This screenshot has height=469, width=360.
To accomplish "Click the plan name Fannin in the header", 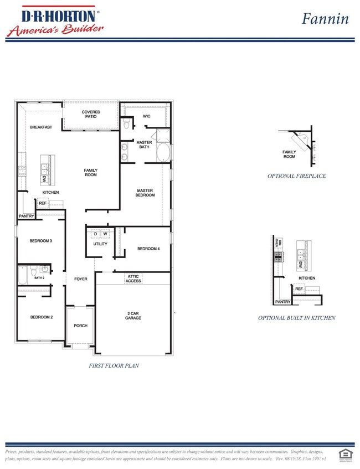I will click(325, 18).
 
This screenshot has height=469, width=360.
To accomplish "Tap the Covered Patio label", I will click(91, 115).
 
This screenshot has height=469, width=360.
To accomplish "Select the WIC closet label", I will click(147, 116).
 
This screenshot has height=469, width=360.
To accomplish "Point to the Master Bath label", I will click(144, 145).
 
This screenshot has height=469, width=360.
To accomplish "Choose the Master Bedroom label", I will click(146, 193).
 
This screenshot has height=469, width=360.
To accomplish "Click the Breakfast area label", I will click(41, 127).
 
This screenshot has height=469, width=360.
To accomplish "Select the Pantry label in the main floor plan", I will click(27, 216).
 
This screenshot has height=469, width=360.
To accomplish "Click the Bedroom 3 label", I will click(41, 241).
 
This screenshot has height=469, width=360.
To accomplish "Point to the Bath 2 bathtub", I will click(23, 275).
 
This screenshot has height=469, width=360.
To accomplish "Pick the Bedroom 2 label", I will click(41, 317).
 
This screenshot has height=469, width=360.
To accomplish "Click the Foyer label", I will click(81, 279).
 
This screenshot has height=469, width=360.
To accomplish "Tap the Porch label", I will click(81, 326).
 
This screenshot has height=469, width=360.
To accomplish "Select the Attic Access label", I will click(133, 279).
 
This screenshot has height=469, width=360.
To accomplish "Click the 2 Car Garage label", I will click(133, 316).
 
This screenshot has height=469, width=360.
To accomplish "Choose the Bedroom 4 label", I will click(148, 249).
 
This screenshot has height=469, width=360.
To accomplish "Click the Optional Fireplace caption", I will click(296, 176).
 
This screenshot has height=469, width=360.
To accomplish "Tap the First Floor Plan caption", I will click(114, 365).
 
